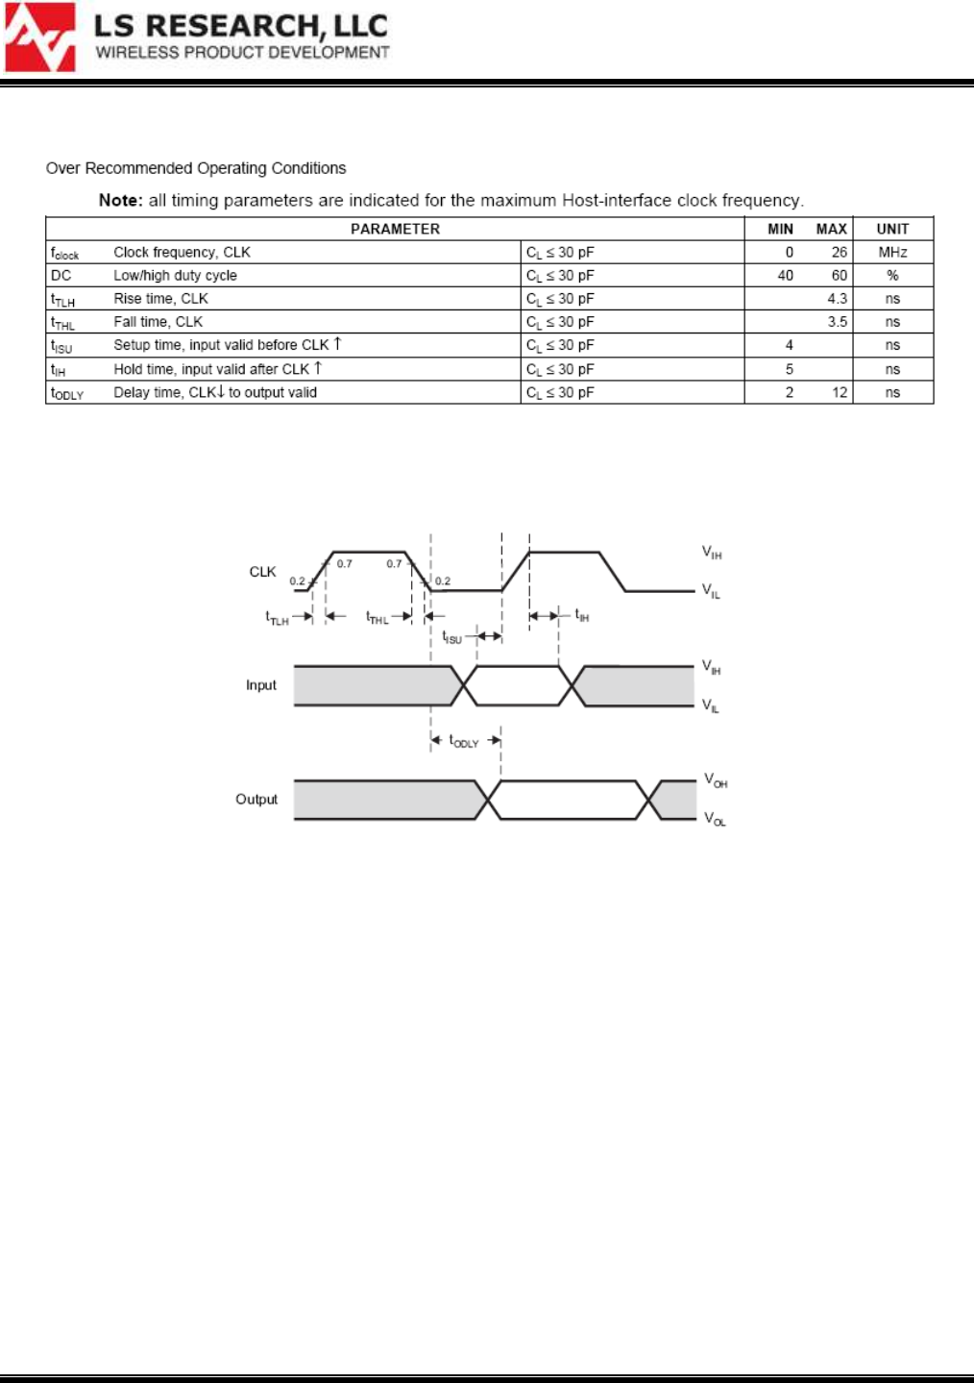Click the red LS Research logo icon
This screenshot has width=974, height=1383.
click(40, 37)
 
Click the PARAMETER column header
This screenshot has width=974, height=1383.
click(395, 229)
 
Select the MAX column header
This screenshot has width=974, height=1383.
click(831, 229)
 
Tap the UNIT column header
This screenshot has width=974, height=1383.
click(892, 229)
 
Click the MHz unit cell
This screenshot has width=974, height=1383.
click(892, 252)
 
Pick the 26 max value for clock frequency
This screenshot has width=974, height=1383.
click(839, 252)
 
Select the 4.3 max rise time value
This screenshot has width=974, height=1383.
click(837, 299)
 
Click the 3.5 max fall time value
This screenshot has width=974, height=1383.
click(837, 322)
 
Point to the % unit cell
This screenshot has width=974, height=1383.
click(892, 276)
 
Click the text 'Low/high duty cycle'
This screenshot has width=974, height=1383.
click(175, 276)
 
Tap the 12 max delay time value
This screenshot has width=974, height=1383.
click(839, 392)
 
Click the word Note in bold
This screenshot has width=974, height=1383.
click(120, 200)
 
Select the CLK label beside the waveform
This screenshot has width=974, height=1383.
click(262, 572)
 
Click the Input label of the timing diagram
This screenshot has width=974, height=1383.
click(260, 685)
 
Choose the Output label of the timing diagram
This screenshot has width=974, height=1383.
click(256, 800)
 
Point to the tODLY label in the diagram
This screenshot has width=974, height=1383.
click(464, 741)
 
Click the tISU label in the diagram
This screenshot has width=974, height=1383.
click(451, 637)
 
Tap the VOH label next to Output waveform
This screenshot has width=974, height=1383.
click(716, 780)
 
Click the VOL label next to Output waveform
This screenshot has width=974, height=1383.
click(715, 820)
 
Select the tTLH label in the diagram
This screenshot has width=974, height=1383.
click(277, 618)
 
